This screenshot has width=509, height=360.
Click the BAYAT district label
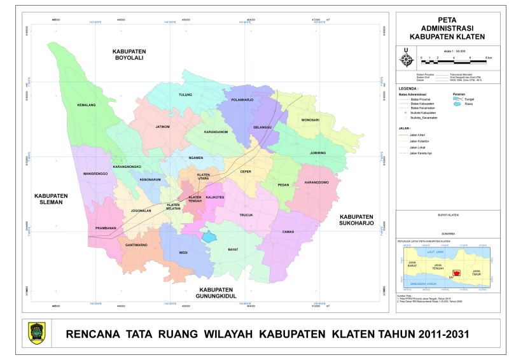[x=233, y=249]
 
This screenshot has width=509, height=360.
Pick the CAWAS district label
[x=288, y=232]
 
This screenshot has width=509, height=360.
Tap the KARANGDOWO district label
[x=316, y=183]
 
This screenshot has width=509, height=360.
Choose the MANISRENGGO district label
[x=94, y=174]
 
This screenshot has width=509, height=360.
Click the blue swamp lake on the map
[x=209, y=237]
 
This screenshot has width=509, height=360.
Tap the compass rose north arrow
[x=405, y=59]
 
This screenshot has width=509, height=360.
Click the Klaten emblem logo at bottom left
[x=37, y=333]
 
